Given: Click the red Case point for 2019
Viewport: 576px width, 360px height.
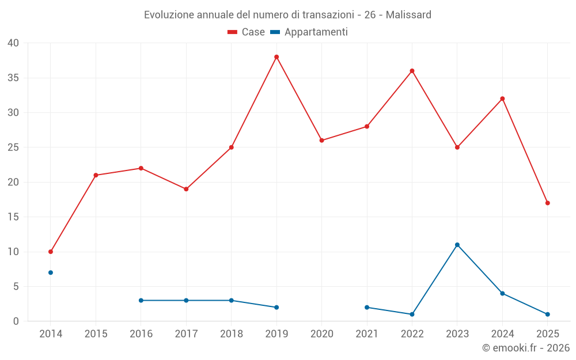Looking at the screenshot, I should point(276,57).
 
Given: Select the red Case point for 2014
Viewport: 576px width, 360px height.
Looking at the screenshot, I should point(51,252).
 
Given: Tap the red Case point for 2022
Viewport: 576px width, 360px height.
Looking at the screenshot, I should point(412,71).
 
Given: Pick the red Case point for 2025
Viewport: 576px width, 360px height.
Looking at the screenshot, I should point(547,203).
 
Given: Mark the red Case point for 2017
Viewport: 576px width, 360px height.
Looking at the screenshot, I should point(186,189).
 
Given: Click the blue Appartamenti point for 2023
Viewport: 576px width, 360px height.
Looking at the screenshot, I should point(457,245).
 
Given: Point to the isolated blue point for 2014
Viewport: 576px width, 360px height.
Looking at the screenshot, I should point(51,272).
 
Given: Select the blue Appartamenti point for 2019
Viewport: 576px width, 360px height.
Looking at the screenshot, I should point(276,307).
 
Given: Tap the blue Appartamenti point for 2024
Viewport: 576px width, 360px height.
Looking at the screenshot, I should point(502,293).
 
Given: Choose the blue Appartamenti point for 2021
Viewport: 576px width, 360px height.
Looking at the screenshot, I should point(367,307).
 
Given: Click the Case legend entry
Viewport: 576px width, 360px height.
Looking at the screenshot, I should point(246,32).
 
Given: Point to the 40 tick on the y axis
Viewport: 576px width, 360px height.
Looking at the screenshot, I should point(13,43).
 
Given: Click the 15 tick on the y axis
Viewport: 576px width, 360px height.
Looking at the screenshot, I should point(13,217).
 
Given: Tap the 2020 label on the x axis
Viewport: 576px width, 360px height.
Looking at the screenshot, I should point(322,334).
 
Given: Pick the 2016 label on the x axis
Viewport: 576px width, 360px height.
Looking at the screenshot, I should point(141,334).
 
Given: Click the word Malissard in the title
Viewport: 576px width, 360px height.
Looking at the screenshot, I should point(408,14).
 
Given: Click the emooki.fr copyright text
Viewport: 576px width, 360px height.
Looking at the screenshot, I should point(525,348).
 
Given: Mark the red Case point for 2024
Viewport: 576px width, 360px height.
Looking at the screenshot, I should point(502,98).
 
